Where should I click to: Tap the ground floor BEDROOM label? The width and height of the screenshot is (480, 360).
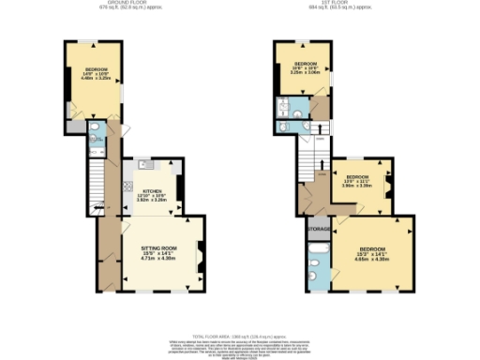(x=97, y=69)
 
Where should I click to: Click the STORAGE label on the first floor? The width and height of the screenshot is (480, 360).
(x=319, y=228)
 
